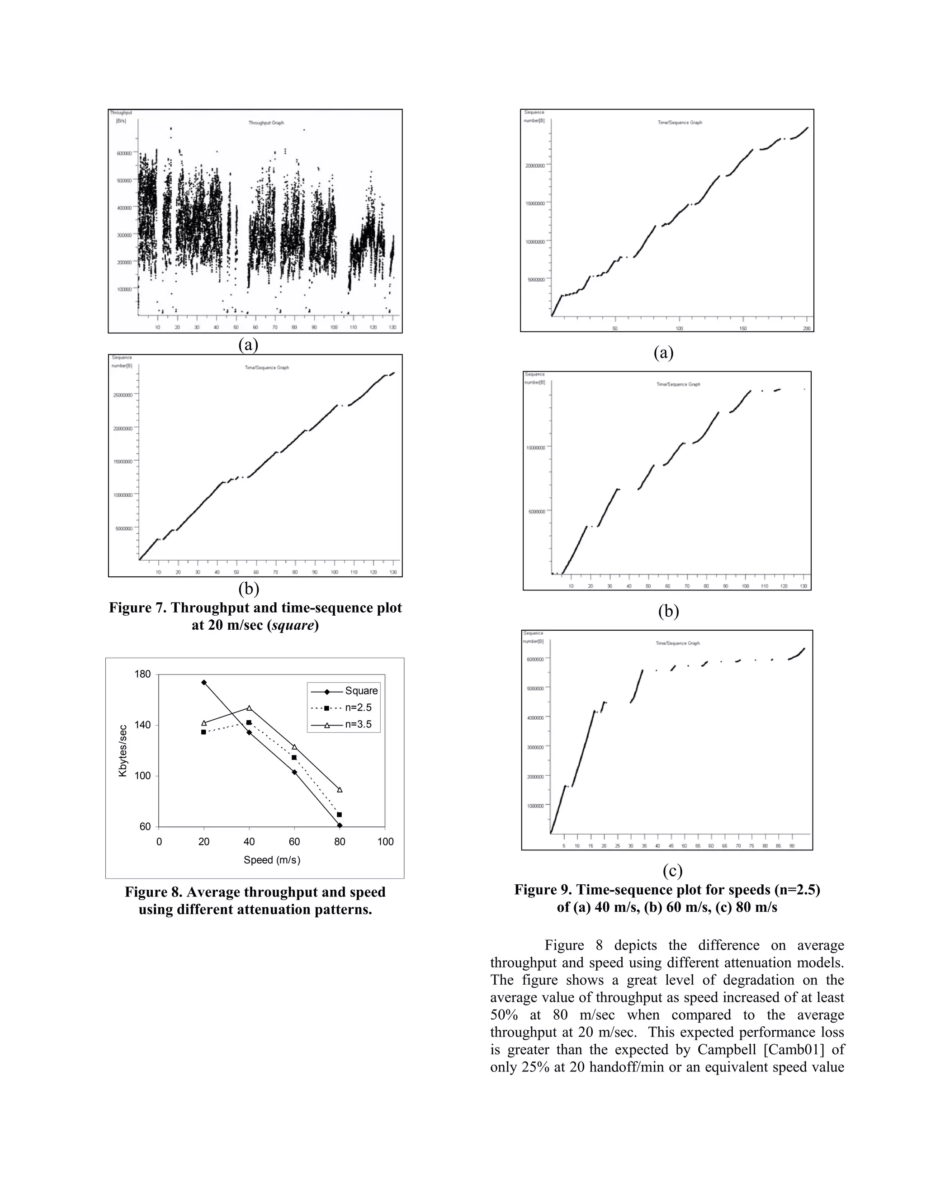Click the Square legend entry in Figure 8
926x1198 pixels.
click(x=361, y=691)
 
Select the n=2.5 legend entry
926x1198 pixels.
click(x=358, y=707)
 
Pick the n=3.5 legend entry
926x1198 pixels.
click(x=358, y=725)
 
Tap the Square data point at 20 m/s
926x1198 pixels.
click(x=204, y=682)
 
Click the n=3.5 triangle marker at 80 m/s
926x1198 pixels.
click(x=340, y=790)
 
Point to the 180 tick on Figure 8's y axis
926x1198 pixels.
click(x=142, y=674)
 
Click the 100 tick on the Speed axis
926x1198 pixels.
click(x=385, y=842)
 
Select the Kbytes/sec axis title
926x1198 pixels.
click(x=123, y=750)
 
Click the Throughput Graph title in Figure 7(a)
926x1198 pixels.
click(x=266, y=123)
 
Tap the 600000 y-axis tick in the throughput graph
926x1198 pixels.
click(x=123, y=154)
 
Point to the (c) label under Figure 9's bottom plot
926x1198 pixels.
click(x=672, y=871)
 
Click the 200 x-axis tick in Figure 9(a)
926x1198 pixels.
click(x=807, y=328)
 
